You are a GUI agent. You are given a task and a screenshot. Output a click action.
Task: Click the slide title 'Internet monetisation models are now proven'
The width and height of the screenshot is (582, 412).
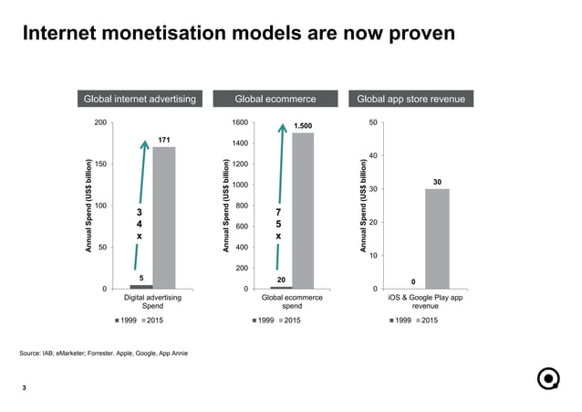(237, 35)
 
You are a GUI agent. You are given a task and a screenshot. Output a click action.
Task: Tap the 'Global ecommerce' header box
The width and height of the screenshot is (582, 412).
(275, 99)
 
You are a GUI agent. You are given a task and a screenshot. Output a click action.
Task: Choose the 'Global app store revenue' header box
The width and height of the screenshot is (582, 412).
(411, 99)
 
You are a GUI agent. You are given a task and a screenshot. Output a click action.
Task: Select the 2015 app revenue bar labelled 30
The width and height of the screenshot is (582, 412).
(437, 238)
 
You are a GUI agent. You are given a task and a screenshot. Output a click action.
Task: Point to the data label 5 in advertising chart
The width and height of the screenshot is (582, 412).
(141, 277)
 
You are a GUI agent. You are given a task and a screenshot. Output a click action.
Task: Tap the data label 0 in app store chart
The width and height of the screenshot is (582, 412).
(413, 281)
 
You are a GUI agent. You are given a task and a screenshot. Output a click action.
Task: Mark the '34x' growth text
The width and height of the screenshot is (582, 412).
(139, 223)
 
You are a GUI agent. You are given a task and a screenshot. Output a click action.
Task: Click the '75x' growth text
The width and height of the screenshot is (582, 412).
(278, 224)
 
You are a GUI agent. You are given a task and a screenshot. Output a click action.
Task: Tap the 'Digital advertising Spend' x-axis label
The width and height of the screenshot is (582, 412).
(152, 302)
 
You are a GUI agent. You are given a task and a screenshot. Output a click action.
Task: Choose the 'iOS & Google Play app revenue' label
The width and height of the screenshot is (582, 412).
(426, 302)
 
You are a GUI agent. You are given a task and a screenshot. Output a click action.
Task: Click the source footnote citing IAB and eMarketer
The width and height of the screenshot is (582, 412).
(104, 353)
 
